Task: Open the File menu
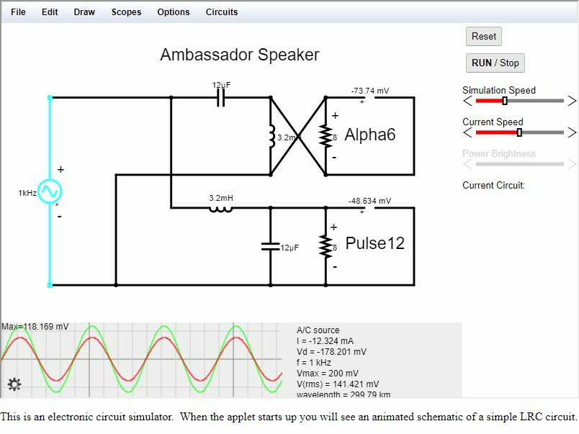coord(18,12)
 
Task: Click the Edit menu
coord(50,12)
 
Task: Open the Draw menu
coord(84,12)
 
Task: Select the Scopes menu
coord(126,12)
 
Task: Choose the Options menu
coord(174,12)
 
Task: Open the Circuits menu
coord(222,12)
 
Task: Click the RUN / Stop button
coord(495,63)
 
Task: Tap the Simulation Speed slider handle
coord(505,101)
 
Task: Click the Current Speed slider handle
coord(519,132)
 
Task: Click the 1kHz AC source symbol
coord(50,191)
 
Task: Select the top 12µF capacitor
coord(221,98)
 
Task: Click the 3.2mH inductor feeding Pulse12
coord(220,209)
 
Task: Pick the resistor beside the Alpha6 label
coord(326,136)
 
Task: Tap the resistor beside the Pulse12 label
coord(326,246)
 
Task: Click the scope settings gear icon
coord(14,384)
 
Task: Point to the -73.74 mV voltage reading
coord(370,91)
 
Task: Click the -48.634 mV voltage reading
coord(369,202)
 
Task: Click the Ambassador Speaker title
coord(240,55)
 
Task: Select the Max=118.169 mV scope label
coord(35,327)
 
